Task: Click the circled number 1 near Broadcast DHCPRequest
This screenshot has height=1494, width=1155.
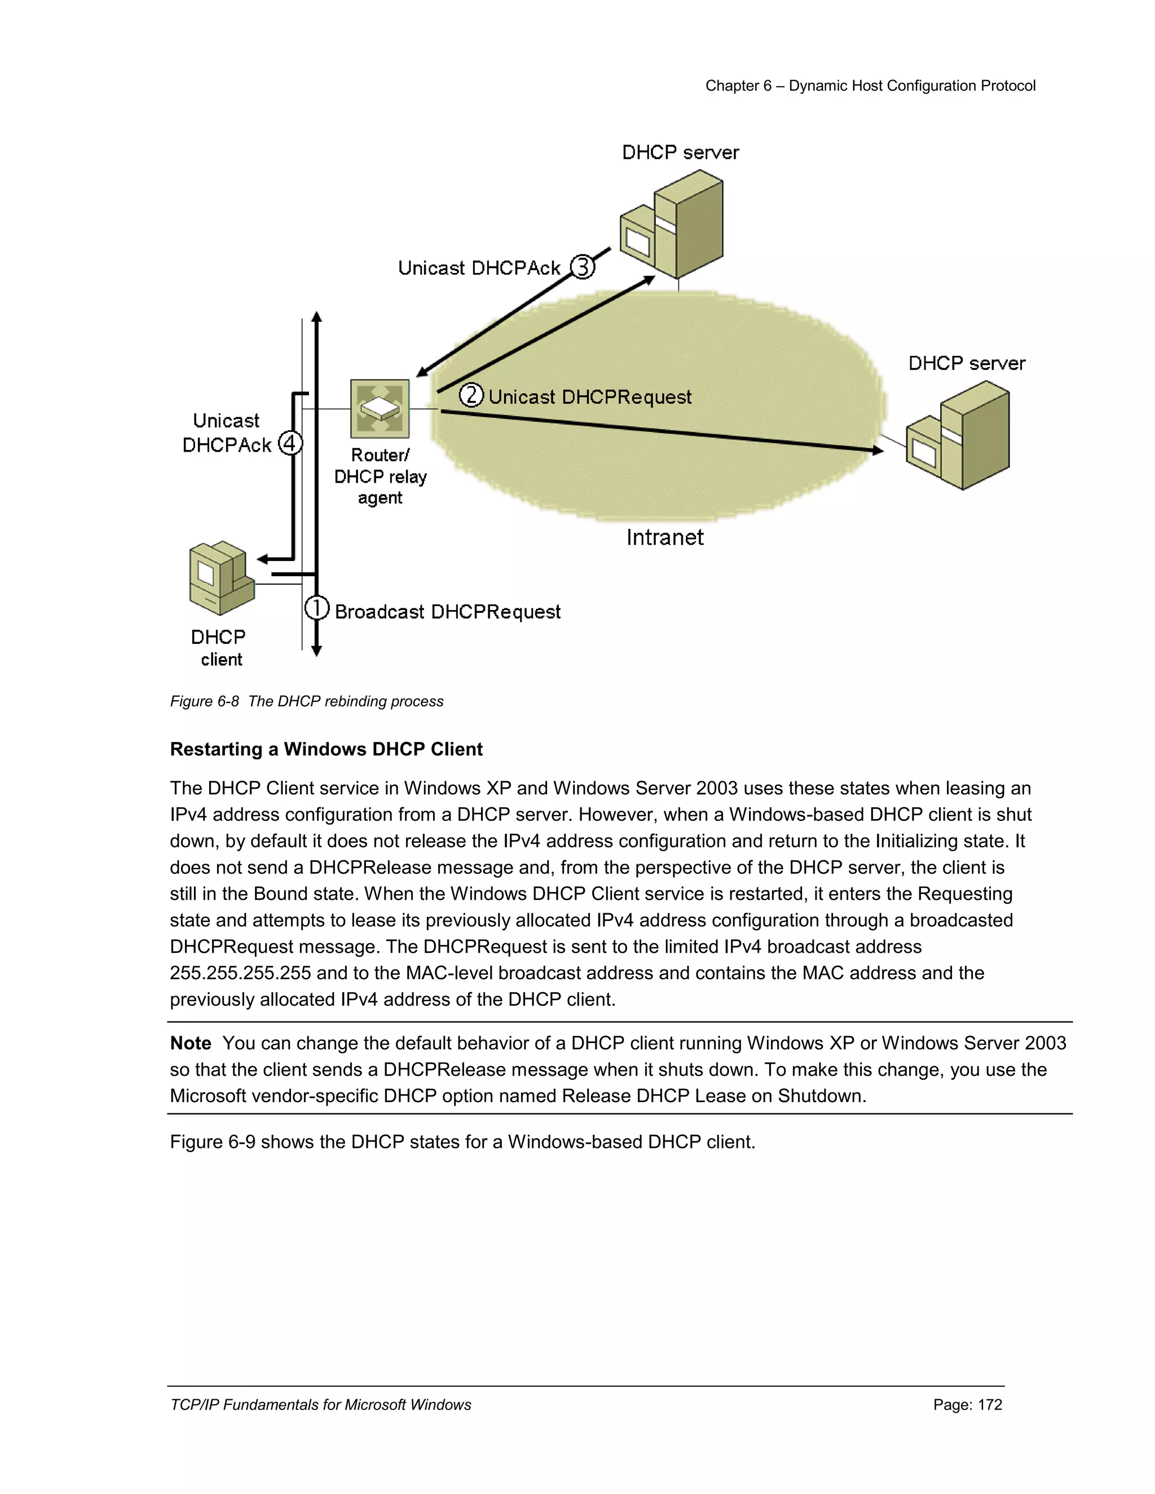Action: (x=316, y=607)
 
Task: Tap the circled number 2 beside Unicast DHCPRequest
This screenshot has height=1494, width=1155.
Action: (x=471, y=395)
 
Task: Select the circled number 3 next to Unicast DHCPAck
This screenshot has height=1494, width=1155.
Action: (x=582, y=266)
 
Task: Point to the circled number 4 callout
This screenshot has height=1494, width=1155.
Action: (x=290, y=443)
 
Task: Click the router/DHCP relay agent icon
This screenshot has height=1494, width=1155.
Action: (x=380, y=408)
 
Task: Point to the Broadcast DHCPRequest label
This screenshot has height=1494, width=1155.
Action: (x=447, y=612)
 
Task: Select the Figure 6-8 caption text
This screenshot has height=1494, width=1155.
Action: (x=307, y=701)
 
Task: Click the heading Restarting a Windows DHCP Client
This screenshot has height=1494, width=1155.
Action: (x=327, y=749)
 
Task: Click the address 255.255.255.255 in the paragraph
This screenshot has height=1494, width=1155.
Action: (x=240, y=973)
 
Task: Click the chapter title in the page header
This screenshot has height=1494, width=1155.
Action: (x=870, y=86)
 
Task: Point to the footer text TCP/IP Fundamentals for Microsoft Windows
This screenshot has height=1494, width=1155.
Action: (x=320, y=1404)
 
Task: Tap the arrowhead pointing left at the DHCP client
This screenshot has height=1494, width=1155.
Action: (x=263, y=559)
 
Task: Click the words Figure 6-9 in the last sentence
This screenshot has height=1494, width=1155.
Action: (x=212, y=1142)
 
